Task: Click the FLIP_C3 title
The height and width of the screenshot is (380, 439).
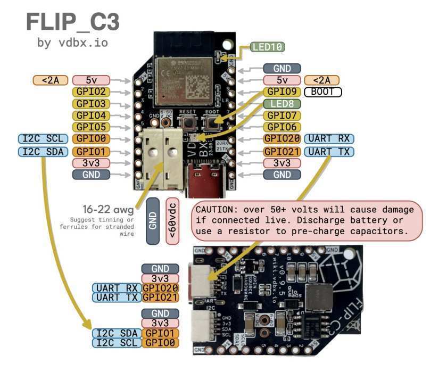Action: (72, 22)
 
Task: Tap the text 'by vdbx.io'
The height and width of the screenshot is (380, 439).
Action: (72, 43)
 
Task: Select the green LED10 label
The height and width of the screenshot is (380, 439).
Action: (268, 47)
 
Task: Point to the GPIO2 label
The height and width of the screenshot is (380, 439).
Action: (91, 92)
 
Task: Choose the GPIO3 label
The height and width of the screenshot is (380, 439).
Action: (91, 103)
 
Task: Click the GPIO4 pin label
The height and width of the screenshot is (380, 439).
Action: (91, 115)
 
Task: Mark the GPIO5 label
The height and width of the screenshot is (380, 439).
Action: (91, 127)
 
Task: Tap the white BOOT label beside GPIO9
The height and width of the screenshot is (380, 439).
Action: (323, 92)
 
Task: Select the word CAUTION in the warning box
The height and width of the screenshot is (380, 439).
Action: (215, 209)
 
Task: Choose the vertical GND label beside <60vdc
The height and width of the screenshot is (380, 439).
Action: (152, 221)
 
